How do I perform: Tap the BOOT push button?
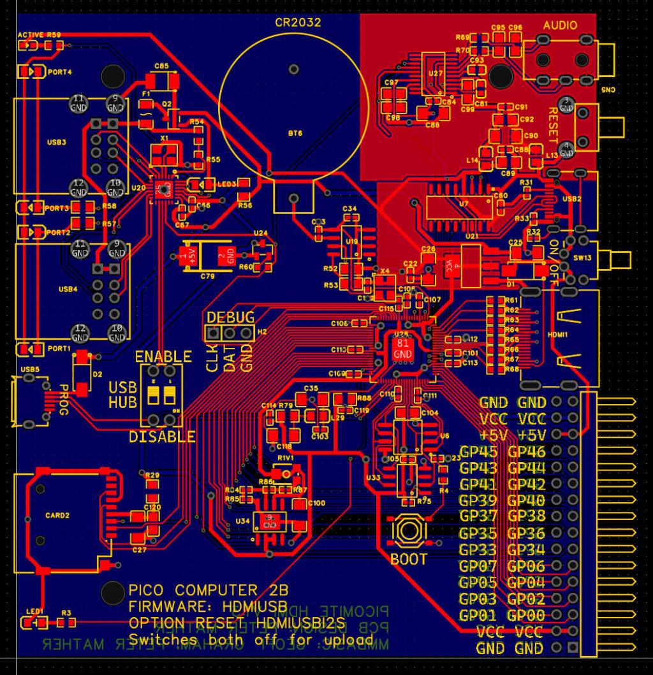point(409,530)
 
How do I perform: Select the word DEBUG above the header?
point(231,317)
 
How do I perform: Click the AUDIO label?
point(561,25)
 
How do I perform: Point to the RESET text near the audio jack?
point(554,126)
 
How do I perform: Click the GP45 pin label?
point(478,453)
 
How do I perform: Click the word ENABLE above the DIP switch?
point(163,356)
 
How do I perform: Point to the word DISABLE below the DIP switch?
point(162,437)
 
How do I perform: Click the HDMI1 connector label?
point(559,333)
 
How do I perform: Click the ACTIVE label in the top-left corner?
point(31,34)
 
